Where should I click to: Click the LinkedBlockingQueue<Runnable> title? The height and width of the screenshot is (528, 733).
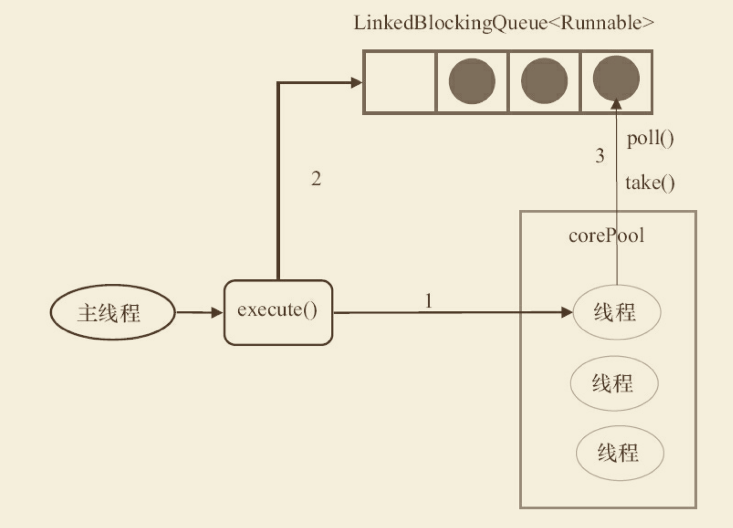tap(504, 23)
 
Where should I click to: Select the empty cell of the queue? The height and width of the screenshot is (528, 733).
tap(400, 82)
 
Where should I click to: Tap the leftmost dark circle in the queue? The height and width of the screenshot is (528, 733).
tap(472, 81)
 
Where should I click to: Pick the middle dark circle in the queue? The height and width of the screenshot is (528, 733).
tap(544, 81)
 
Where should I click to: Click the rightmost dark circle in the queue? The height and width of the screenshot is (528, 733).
tap(616, 79)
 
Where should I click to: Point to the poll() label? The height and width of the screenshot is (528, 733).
tap(650, 139)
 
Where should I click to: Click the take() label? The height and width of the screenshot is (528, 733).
tap(649, 183)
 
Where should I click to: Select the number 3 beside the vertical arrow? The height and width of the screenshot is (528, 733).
tap(600, 156)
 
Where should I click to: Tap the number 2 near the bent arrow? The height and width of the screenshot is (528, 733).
tap(316, 179)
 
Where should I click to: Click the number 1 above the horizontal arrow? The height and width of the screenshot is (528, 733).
tap(429, 301)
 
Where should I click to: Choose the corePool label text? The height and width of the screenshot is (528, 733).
tap(606, 236)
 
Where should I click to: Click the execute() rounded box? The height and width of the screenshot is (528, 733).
tap(278, 312)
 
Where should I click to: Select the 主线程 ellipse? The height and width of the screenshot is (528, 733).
tap(112, 313)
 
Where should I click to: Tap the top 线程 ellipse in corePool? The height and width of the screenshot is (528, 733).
tap(617, 313)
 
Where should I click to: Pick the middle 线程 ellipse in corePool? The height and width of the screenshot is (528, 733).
tap(614, 383)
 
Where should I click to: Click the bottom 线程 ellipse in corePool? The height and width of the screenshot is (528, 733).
tap(620, 452)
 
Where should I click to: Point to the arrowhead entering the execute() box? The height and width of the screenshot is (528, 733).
tap(217, 313)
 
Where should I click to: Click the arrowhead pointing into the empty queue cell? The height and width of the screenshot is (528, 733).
tap(357, 82)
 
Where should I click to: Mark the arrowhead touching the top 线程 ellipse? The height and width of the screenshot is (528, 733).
tap(566, 313)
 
